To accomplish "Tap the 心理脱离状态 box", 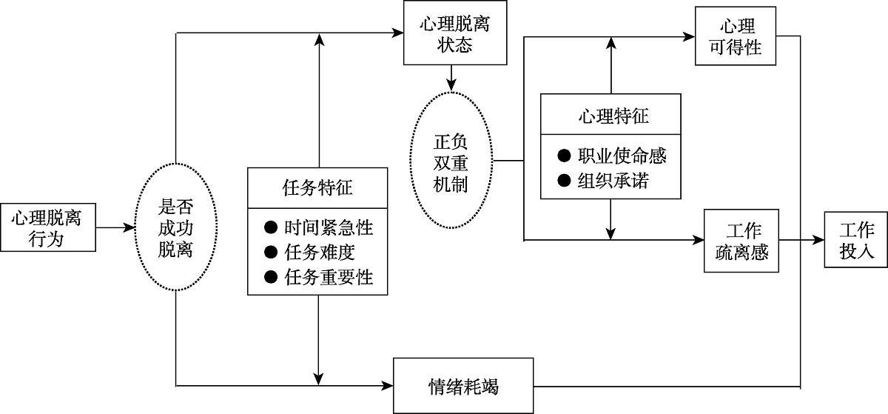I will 454,34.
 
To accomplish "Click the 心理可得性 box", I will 736,37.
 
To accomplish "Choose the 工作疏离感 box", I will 741,240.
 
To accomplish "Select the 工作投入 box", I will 857,240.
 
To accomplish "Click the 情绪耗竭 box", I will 463,386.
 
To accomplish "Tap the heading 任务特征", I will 317,188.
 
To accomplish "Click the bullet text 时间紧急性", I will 328,228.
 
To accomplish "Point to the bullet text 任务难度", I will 319,253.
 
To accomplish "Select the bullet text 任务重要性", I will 328,277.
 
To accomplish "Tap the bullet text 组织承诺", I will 613,180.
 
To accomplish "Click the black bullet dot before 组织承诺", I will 565,180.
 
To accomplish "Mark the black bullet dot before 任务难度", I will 270,253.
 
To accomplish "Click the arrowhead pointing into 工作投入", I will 818,240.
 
